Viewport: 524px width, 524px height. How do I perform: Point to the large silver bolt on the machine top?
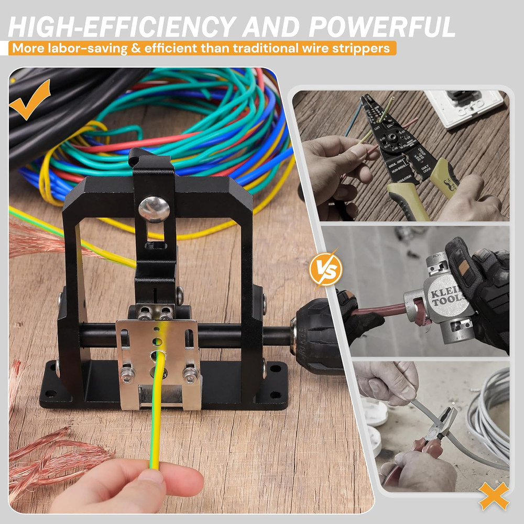pos(154,209)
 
